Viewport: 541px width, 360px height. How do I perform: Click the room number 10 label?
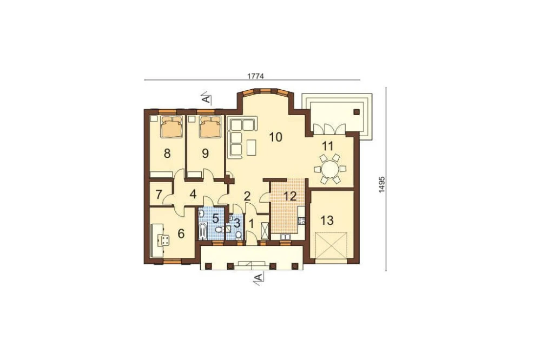click(276, 137)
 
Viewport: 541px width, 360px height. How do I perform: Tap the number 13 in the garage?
click(327, 220)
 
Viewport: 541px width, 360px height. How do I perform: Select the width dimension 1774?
click(256, 76)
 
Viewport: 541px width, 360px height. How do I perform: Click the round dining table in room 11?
click(329, 169)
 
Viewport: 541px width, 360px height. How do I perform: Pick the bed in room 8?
click(171, 126)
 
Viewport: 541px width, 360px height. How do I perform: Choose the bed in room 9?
click(210, 126)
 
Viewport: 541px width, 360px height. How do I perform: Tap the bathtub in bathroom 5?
click(202, 230)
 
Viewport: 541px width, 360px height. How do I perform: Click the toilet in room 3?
click(239, 235)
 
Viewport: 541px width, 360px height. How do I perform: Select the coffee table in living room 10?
click(252, 147)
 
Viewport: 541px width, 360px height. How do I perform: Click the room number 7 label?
click(159, 195)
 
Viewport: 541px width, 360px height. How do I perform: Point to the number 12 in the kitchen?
click(290, 196)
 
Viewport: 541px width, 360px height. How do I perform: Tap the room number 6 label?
click(181, 234)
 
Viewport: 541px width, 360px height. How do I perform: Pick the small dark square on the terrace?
click(357, 111)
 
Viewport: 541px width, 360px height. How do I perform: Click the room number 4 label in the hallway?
click(193, 195)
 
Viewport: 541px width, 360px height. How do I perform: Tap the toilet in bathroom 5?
click(218, 230)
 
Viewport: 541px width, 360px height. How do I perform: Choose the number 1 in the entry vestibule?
click(252, 224)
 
